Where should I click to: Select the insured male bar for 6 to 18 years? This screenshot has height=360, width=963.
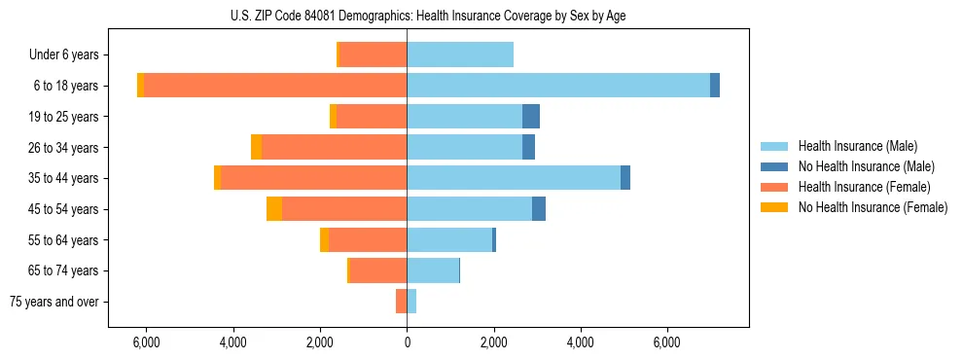tap(558, 86)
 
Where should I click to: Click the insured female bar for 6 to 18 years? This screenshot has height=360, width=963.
tap(275, 86)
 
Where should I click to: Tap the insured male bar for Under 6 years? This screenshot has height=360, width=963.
tap(460, 54)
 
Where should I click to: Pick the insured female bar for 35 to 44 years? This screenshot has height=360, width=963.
tap(313, 178)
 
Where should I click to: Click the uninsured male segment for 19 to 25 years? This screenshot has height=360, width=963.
tap(531, 117)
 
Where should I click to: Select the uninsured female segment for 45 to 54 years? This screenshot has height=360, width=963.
tap(274, 209)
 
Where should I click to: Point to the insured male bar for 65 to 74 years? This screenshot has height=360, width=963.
tap(433, 270)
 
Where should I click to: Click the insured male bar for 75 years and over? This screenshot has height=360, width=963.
tap(411, 302)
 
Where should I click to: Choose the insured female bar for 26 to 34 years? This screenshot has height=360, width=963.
tap(334, 147)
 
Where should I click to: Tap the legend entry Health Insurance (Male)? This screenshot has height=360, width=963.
tap(857, 146)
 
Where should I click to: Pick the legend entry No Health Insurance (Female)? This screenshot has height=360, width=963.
tap(873, 207)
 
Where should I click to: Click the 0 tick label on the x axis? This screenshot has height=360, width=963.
tap(407, 342)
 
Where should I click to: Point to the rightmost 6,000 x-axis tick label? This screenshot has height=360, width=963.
tap(667, 342)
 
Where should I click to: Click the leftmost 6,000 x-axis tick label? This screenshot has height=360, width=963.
tap(146, 342)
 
